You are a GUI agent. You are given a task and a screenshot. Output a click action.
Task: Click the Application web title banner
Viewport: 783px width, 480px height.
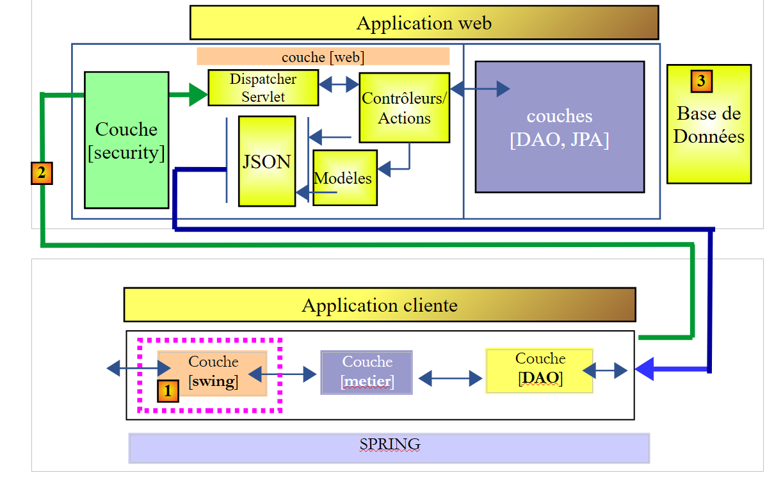424,23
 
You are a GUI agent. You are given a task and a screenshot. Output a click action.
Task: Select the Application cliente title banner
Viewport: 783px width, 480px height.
379,305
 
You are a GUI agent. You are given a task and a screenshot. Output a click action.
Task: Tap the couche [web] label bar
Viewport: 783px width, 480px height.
323,56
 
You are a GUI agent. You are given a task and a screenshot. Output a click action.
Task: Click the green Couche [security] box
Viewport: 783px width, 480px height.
126,140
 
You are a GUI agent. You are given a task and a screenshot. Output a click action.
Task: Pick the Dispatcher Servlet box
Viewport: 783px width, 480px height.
263,88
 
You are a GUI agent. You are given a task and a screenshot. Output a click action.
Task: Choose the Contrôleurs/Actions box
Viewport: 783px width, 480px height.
404,108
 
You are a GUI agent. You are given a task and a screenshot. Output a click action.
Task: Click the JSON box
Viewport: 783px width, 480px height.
267,161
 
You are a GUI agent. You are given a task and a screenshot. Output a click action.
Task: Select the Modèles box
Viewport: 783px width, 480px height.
345,178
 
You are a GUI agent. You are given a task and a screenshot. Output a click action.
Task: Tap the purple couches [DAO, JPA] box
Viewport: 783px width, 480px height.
559,127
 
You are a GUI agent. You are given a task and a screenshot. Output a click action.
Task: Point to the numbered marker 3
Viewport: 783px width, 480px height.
702,81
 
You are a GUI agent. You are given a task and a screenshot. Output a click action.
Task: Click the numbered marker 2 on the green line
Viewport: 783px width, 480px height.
42,173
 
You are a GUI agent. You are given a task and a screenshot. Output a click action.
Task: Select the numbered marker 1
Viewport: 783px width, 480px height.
168,390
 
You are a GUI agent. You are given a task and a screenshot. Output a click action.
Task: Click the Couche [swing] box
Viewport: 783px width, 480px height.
213,372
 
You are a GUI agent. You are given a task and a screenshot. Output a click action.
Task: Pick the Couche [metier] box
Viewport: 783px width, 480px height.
367,372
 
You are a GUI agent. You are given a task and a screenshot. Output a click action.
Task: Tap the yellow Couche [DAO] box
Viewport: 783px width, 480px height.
539,370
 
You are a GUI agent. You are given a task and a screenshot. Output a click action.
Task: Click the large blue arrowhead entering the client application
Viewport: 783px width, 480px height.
645,370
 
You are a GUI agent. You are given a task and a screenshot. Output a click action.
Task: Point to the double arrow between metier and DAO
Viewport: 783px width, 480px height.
449,379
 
